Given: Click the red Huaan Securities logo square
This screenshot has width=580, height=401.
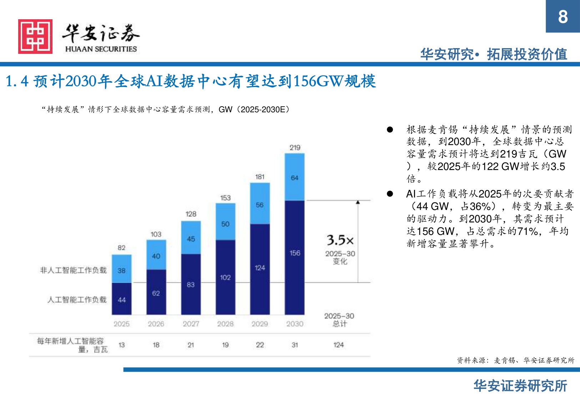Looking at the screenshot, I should click(35, 37).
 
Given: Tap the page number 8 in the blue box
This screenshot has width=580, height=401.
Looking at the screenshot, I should click(563, 17).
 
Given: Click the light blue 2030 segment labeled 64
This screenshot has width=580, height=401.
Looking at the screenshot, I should click(295, 177).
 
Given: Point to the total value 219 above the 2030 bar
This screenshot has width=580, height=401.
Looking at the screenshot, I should click(295, 148).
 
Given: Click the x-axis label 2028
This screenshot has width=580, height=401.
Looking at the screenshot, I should click(225, 324).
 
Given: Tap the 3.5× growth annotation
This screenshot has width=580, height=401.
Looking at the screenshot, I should click(340, 240).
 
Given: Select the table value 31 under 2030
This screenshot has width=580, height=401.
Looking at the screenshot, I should click(295, 345).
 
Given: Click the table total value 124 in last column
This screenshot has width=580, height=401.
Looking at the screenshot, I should click(338, 345).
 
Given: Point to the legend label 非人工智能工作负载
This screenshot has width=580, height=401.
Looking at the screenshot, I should click(73, 270).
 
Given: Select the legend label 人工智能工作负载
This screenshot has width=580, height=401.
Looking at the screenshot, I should click(77, 299).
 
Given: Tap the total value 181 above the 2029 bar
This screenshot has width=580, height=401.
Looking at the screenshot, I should click(260, 177).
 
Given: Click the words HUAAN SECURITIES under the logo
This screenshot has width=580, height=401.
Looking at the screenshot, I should click(101, 49).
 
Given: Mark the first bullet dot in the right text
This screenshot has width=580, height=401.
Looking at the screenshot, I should click(390, 130).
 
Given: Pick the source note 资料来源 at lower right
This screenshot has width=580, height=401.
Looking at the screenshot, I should click(515, 360).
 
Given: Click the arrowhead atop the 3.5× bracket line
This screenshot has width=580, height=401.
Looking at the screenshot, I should click(358, 202).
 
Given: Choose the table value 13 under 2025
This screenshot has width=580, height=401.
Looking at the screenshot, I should click(122, 345).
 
